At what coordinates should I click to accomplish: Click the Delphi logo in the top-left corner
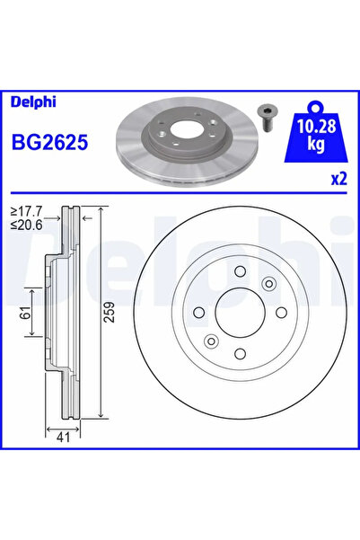[33, 102]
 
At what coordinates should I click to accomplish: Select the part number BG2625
[50, 143]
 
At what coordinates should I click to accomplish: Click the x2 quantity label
[338, 179]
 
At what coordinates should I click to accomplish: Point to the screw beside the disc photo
[266, 118]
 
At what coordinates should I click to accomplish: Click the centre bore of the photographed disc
[183, 129]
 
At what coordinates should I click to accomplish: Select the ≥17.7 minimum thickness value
[26, 210]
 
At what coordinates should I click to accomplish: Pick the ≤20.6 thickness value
[26, 226]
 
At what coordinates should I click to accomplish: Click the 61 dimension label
[25, 313]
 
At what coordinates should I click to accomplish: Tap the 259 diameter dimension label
[110, 312]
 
